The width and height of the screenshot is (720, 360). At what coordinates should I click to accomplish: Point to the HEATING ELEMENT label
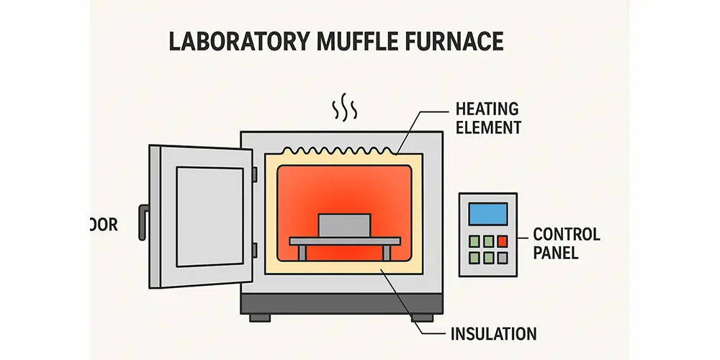487,119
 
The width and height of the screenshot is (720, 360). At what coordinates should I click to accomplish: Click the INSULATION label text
493,334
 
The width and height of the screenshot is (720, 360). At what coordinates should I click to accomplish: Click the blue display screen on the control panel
487,214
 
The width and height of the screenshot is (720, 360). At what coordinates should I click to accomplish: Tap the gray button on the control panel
502,257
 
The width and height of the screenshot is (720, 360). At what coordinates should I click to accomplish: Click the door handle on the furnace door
143,222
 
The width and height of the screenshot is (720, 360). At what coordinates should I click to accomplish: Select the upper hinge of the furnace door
255,175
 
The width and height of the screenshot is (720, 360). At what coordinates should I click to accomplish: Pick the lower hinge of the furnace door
255,251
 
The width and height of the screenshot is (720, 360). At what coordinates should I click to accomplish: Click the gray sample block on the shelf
344,225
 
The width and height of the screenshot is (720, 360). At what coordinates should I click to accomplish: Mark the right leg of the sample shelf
387,252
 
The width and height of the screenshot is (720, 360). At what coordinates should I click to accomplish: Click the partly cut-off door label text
104,225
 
